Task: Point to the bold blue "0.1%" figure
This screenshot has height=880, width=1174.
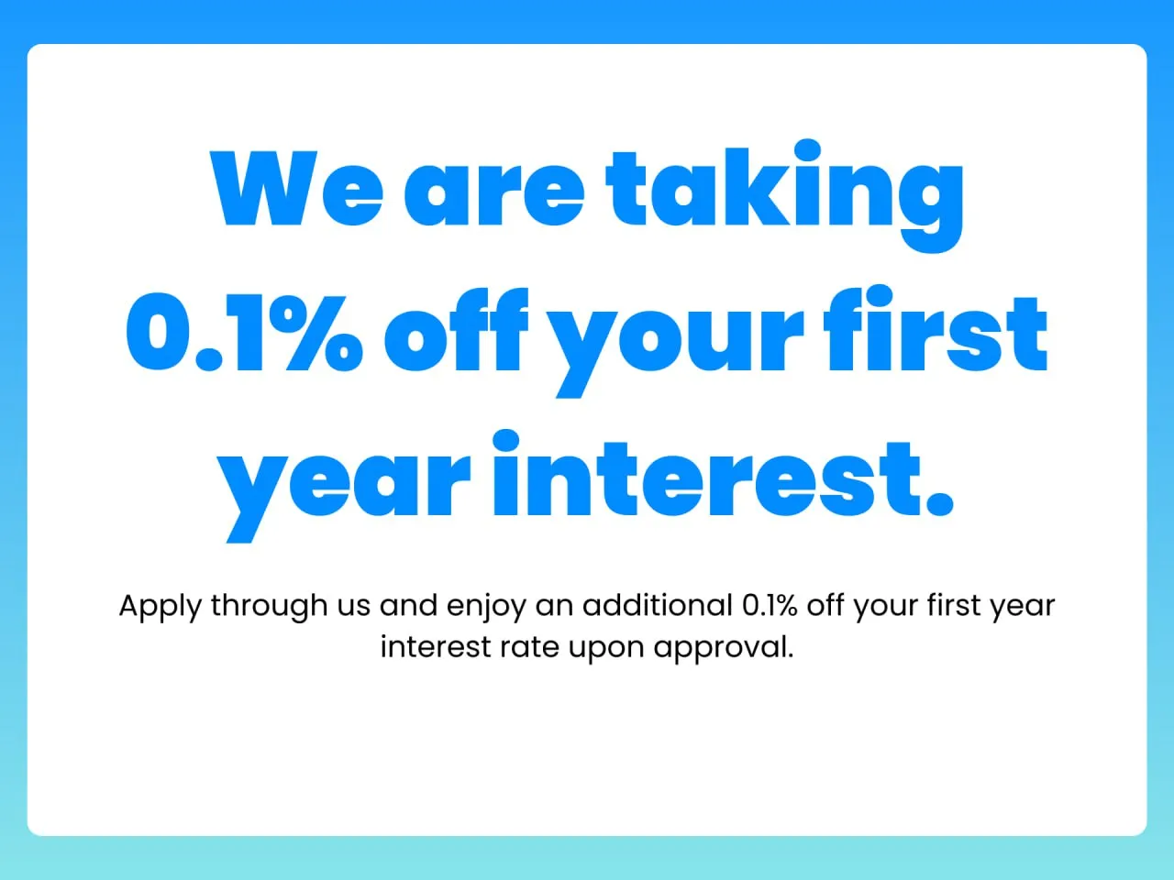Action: [243, 332]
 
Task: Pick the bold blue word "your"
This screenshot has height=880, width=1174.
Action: [678, 339]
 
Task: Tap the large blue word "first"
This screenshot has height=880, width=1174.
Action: [935, 332]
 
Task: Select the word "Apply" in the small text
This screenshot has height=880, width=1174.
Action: [160, 607]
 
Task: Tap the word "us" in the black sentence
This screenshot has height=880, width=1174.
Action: [353, 607]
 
